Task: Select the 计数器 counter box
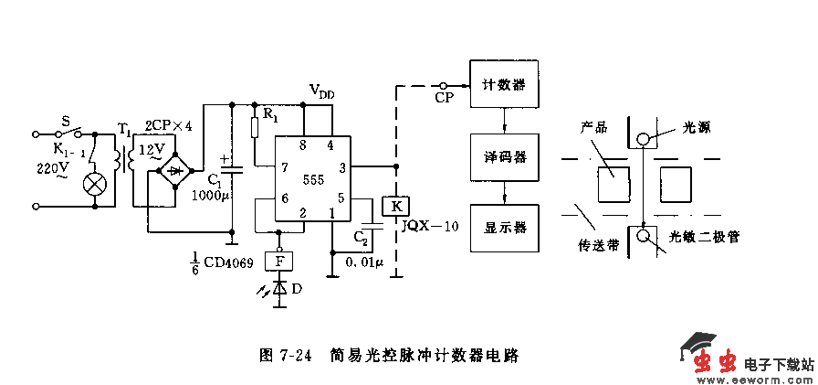point(503,85)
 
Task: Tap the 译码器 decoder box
point(503,156)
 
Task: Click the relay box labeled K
point(395,206)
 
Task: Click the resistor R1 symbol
point(255,125)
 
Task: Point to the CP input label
point(445,96)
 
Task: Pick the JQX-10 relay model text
point(429,227)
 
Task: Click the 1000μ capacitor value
point(209,195)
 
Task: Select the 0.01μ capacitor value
point(365,262)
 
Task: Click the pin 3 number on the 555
point(342,167)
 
